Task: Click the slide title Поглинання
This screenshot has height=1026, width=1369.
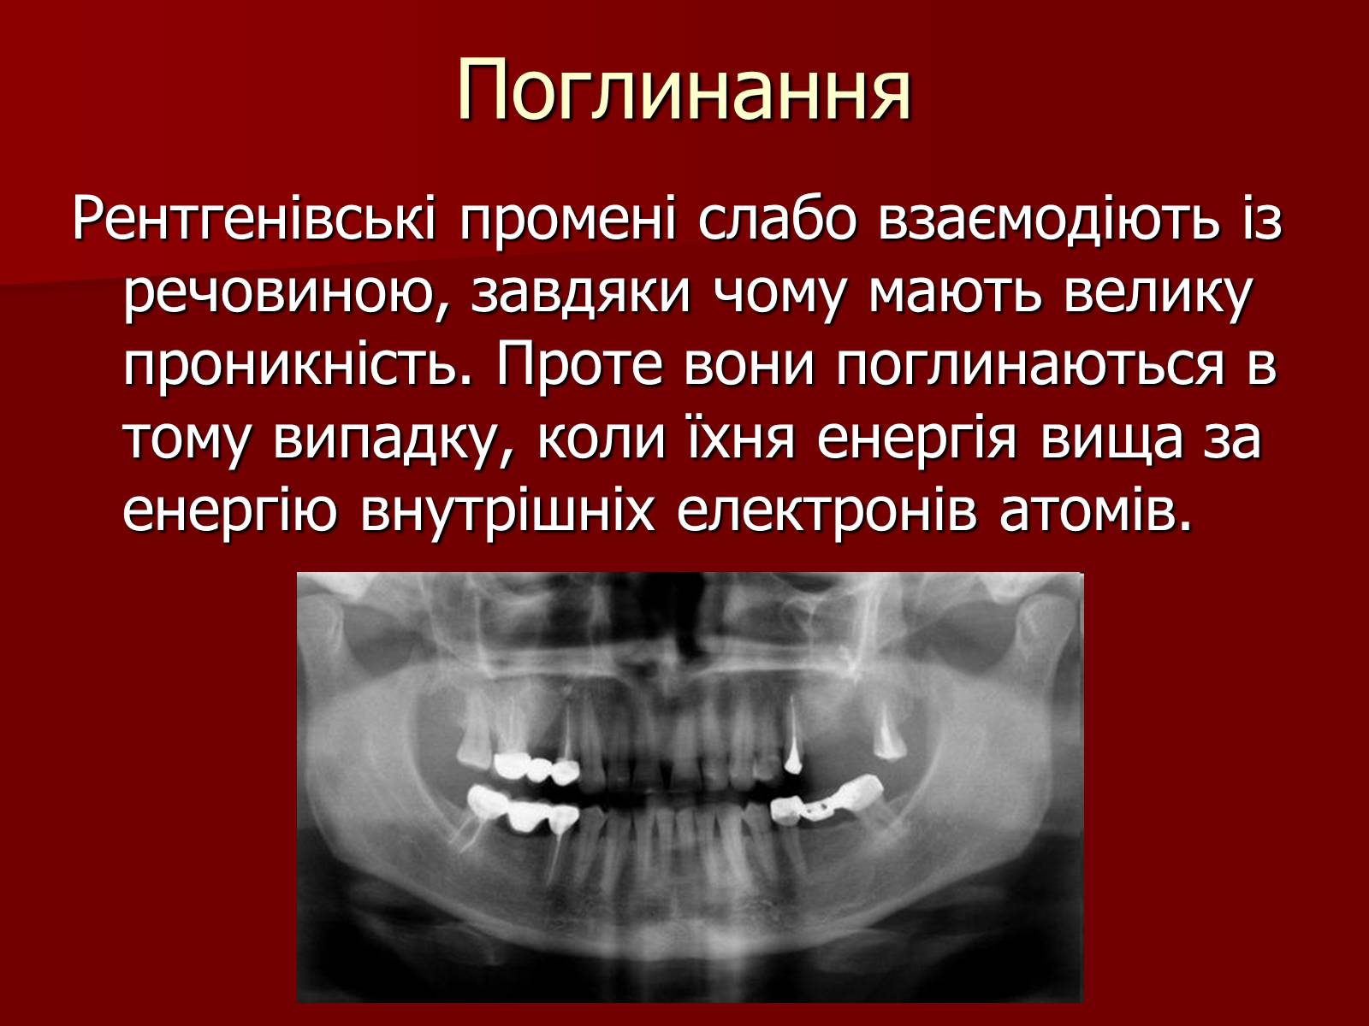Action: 684,91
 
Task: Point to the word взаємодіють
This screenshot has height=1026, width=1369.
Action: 1048,219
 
